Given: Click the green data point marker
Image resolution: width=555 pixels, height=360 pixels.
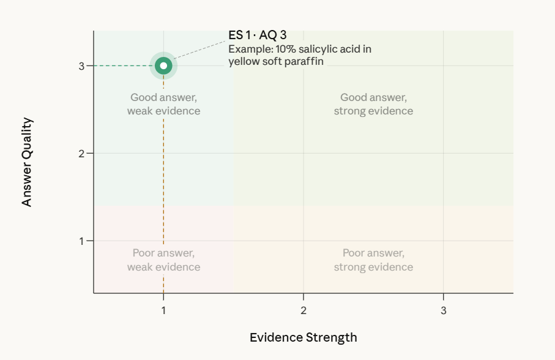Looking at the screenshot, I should [163, 66].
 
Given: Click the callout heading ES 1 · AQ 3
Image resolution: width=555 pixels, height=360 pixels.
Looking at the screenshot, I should [257, 36].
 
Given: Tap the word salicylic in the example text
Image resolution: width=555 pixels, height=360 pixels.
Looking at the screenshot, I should [310, 49].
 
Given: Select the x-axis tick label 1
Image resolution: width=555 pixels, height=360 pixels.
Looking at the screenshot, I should [163, 310].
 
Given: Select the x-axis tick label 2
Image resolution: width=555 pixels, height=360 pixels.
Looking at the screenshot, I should [304, 310].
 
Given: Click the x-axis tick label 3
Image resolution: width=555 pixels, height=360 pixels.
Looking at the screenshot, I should [444, 310].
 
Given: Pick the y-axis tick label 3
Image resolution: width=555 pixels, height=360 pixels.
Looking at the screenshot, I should [81, 66].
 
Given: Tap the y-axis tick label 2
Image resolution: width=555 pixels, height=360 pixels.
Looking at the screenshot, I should [81, 153].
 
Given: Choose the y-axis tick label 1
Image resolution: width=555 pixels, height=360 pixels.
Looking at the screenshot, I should [81, 241].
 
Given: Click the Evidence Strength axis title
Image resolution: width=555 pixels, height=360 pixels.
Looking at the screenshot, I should [303, 337].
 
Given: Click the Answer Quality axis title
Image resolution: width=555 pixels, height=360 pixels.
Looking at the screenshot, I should [27, 162].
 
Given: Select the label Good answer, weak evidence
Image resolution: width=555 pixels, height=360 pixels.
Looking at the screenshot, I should [163, 104].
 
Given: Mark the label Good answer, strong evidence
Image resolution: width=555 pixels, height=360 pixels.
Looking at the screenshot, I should [373, 104].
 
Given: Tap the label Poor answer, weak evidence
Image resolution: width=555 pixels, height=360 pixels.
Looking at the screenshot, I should [163, 260].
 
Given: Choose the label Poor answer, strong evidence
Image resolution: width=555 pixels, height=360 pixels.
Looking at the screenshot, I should [373, 260].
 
